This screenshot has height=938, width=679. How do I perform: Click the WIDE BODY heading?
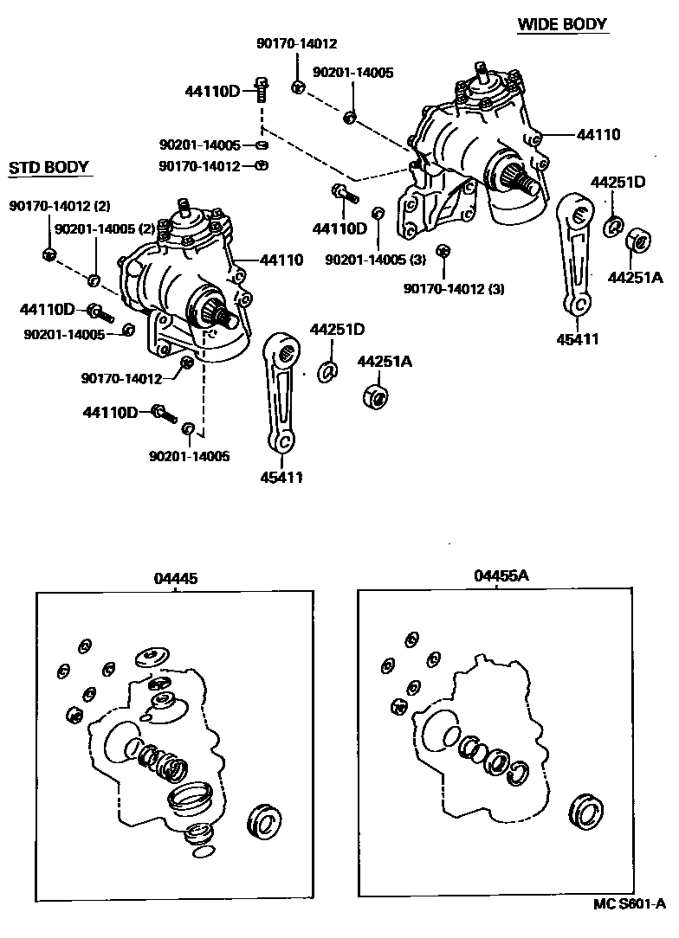[x=561, y=24]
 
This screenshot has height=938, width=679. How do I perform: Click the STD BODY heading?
[x=49, y=167]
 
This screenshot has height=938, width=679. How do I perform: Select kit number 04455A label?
[x=501, y=575]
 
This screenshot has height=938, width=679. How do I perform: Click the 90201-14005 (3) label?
[x=376, y=260]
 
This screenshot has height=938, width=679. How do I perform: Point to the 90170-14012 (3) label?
[x=454, y=288]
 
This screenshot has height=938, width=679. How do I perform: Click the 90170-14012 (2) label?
[x=60, y=206]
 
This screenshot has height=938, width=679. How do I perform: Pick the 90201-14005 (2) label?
[x=104, y=229]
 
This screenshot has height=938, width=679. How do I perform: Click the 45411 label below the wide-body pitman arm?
[x=578, y=339]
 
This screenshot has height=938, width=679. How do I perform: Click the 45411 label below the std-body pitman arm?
[x=281, y=476]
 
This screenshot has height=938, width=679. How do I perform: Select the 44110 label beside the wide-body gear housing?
[x=598, y=134]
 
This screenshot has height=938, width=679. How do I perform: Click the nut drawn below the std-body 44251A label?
[x=374, y=397]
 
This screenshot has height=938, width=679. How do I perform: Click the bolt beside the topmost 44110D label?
[x=261, y=88]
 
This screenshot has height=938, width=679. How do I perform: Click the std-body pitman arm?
[x=281, y=389]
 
